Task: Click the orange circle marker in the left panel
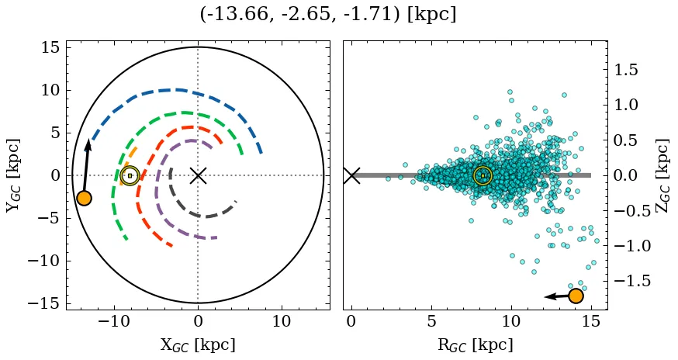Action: click(x=84, y=198)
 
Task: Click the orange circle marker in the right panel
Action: click(x=576, y=296)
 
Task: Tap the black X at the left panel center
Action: click(x=198, y=175)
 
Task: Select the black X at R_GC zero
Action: click(x=351, y=175)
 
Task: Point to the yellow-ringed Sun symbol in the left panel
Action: click(x=130, y=175)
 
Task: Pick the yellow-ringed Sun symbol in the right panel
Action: click(x=483, y=175)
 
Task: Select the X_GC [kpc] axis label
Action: click(x=198, y=344)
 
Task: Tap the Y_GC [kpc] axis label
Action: click(x=12, y=175)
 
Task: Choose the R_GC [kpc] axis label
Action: click(x=475, y=344)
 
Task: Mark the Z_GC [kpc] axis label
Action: click(x=662, y=175)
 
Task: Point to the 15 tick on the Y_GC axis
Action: click(x=50, y=47)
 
